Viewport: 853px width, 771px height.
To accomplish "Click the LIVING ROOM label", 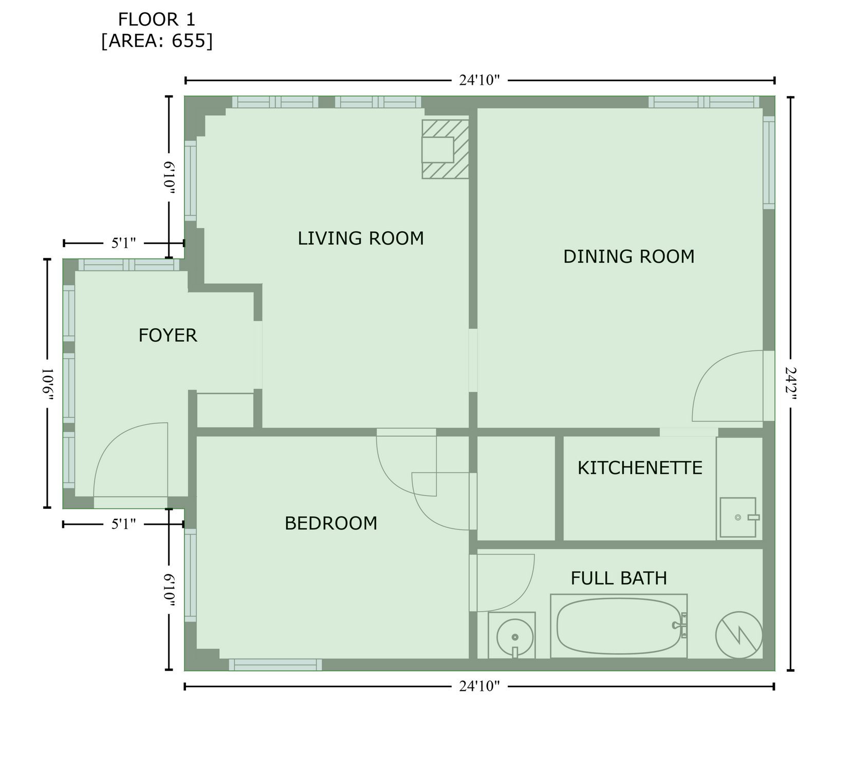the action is coord(361,238).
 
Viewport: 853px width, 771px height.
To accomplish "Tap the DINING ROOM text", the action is coord(629,256).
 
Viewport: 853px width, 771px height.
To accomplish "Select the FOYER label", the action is coord(168,336).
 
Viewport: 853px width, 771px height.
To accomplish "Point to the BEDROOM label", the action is coord(331,523).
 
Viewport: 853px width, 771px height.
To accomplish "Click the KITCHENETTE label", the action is coord(640,468).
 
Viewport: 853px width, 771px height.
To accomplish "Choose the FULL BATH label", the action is coord(619,578).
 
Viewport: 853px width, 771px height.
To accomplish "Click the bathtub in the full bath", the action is coord(619,626).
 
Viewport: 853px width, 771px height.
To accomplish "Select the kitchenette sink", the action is coord(738,518).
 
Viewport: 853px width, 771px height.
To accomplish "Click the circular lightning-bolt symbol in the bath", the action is coord(739,635).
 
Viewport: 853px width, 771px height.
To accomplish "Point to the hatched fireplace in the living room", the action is coord(446,149).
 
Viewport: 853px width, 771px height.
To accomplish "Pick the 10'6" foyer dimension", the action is coord(47,383).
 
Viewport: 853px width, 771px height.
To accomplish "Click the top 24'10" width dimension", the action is coord(479,80).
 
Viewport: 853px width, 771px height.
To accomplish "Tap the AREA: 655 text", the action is coord(157,41).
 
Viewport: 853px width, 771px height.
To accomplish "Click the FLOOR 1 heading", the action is coord(157,20).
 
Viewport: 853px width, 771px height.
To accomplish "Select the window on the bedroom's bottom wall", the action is coord(275,665).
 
